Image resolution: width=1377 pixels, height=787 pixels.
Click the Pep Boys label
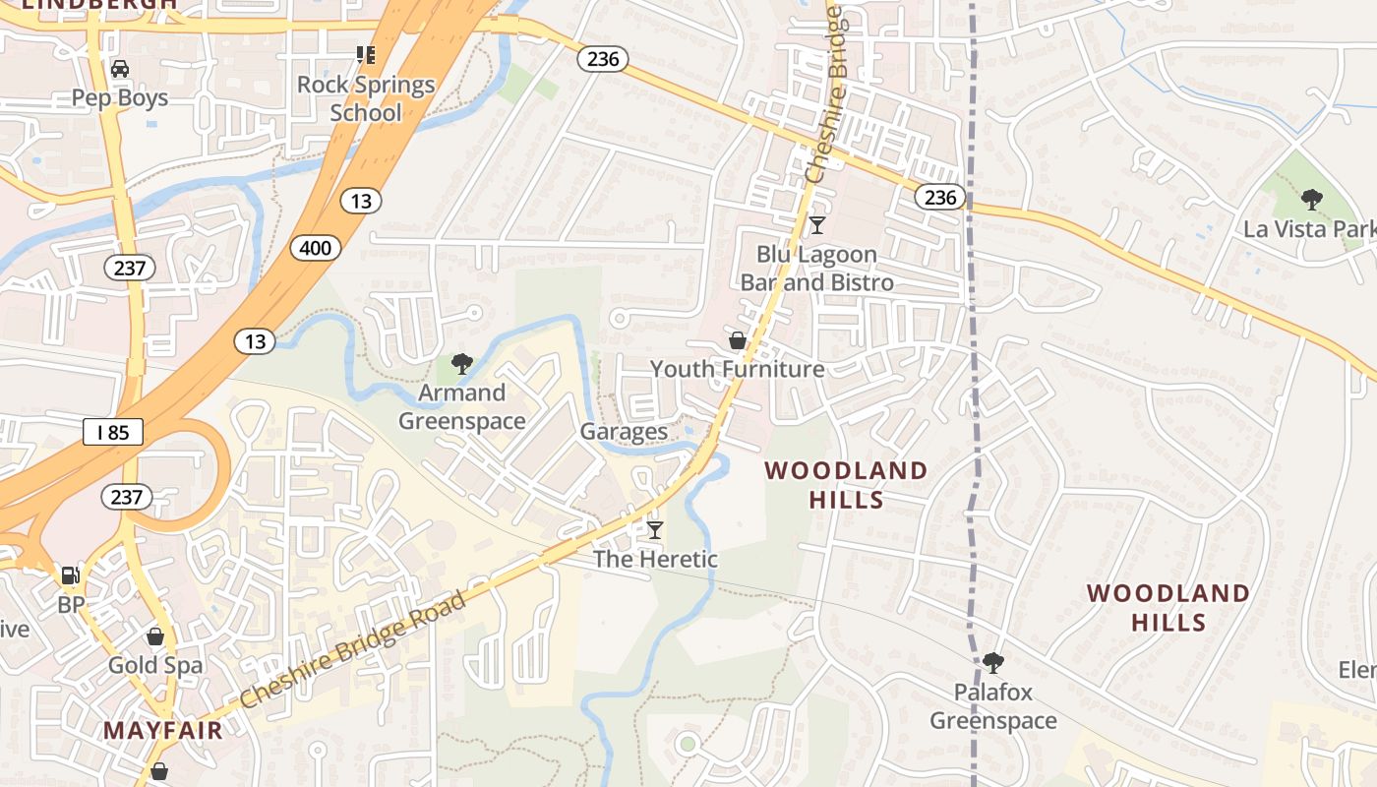tap(120, 98)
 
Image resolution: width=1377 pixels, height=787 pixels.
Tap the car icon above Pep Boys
tap(120, 69)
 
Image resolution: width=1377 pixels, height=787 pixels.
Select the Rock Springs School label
tap(366, 98)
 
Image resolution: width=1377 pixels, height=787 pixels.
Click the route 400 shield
tap(316, 248)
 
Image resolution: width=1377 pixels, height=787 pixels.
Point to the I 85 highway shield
tap(113, 432)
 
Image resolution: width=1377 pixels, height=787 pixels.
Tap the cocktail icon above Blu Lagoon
tap(816, 225)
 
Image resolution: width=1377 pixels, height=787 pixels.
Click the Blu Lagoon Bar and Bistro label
tap(816, 269)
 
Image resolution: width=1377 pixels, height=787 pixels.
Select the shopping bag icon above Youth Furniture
tap(737, 340)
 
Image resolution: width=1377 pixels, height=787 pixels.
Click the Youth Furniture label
tap(737, 369)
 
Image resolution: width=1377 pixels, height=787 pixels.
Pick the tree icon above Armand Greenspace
tap(461, 364)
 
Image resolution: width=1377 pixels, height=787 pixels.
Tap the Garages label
tap(624, 431)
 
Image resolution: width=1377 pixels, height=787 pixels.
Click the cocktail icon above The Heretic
tap(654, 530)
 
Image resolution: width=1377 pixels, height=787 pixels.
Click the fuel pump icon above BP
tap(70, 575)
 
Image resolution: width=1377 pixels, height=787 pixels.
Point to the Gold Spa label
tap(155, 665)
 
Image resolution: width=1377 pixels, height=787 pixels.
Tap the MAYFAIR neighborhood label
tap(162, 731)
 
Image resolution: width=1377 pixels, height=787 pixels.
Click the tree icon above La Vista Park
tap(1311, 200)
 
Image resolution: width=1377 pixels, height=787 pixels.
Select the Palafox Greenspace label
tap(993, 706)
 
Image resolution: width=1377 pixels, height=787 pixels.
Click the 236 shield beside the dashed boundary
tap(940, 198)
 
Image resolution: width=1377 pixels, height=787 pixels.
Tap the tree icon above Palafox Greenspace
tap(993, 662)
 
